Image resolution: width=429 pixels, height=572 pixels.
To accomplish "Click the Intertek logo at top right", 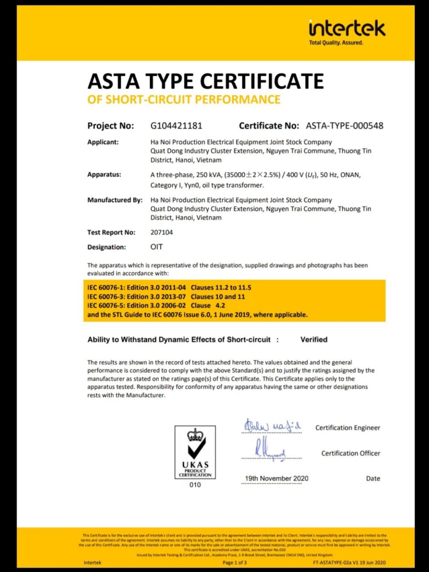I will tap(347, 29).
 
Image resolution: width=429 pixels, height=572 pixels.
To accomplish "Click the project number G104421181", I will tap(176, 126).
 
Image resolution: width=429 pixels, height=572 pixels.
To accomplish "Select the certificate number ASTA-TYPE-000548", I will tap(344, 126).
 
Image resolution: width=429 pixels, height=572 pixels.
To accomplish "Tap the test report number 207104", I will tap(162, 233).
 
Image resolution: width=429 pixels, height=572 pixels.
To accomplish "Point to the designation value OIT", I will tap(156, 247).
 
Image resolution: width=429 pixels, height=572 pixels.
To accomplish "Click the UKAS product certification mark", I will tap(195, 452).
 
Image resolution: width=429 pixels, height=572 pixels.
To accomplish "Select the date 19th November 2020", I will tap(276, 478).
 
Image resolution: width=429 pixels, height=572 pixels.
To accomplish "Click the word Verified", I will tap(314, 339).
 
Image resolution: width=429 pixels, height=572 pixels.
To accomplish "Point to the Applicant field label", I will tap(103, 142).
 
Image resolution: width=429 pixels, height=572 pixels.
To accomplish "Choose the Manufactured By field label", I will tap(115, 200).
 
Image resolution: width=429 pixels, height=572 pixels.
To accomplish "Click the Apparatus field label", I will tap(104, 174).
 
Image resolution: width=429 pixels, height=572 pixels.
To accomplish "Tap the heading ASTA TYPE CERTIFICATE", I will tap(205, 82).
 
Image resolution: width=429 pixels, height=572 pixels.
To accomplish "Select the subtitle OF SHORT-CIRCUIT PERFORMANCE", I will tap(184, 99).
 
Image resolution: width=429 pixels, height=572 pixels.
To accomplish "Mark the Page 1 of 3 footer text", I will tap(235, 562).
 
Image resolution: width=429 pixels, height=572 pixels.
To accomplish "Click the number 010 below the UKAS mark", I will tap(195, 485).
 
